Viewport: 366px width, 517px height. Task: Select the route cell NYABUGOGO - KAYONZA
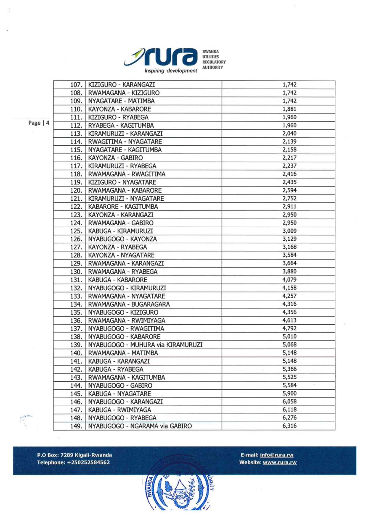[122, 239]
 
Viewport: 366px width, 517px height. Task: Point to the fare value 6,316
[290, 426]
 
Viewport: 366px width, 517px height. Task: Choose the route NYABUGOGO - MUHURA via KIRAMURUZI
[145, 345]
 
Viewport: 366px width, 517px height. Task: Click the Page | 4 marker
[39, 123]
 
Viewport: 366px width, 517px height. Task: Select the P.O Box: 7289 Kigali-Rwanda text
[74, 455]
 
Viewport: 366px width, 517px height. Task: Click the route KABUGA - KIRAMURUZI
[120, 231]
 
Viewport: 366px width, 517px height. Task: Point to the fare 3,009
[290, 231]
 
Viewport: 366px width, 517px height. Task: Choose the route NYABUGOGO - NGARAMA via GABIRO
[140, 426]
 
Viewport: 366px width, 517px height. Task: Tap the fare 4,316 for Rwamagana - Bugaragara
[290, 304]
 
